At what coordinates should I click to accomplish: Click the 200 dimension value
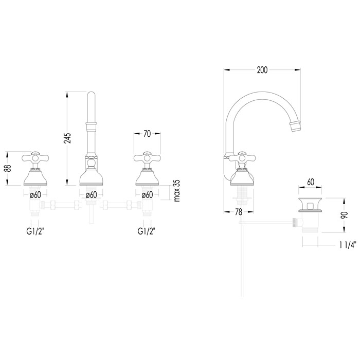(262, 70)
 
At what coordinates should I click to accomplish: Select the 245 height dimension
(67, 138)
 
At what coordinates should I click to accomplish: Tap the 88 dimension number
(8, 169)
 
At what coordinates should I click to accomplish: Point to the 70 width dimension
(147, 134)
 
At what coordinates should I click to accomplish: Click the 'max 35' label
(177, 191)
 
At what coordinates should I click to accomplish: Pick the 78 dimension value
(239, 212)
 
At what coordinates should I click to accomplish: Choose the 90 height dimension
(345, 215)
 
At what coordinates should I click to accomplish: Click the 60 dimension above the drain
(311, 182)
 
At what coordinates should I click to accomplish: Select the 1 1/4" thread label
(348, 245)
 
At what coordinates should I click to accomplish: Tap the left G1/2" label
(35, 231)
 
